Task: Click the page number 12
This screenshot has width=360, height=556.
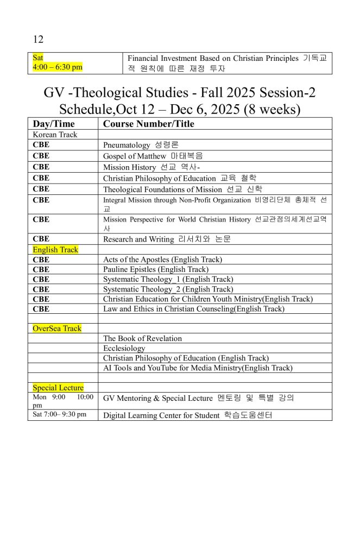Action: point(38,39)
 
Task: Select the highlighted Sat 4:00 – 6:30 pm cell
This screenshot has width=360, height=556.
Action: point(58,62)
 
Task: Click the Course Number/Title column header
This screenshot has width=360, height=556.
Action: point(148,124)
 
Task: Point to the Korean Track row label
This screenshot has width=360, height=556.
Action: point(55,135)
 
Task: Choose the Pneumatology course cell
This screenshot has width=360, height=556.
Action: point(141,145)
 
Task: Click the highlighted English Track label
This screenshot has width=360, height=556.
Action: point(55,250)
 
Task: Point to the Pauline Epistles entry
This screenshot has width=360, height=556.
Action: point(155,269)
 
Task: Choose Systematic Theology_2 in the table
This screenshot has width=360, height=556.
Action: point(168,289)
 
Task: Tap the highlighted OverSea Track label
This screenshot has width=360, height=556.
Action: point(57,328)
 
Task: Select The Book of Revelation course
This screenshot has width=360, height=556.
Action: point(142,338)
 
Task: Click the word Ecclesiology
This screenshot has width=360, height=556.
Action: point(124,348)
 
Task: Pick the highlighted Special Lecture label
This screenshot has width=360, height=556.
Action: point(58,388)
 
